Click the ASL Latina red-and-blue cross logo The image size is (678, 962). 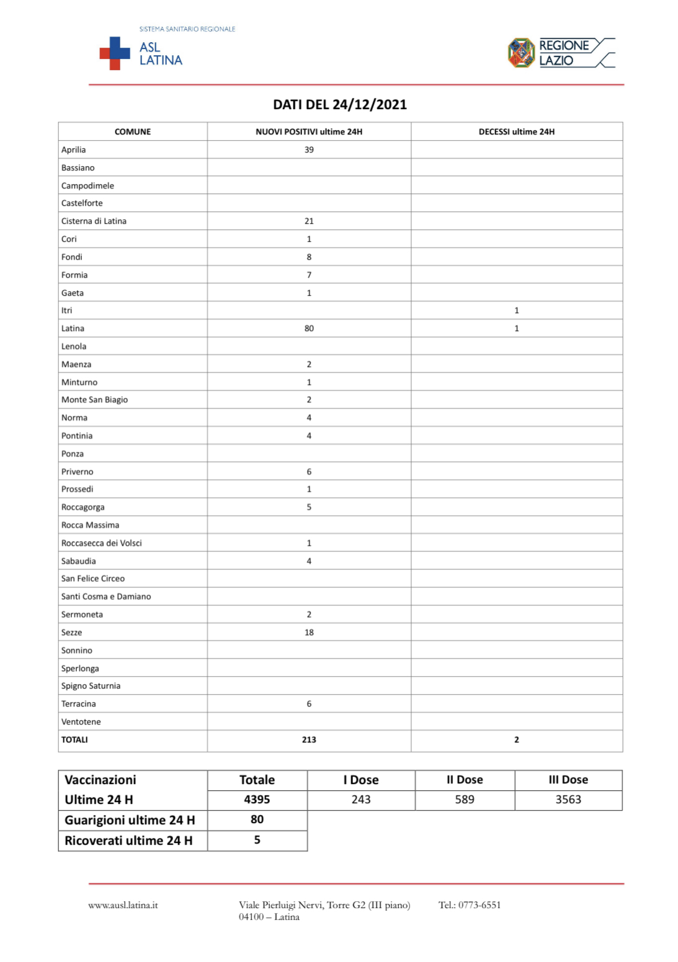(x=115, y=53)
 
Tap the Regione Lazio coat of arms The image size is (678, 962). (x=521, y=53)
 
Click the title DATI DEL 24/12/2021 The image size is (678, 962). (x=340, y=104)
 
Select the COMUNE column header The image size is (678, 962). (x=133, y=131)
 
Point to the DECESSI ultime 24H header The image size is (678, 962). (x=516, y=131)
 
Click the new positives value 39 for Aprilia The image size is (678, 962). (x=309, y=149)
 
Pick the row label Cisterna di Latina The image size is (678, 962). (x=94, y=221)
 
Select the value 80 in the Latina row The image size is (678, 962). (x=309, y=329)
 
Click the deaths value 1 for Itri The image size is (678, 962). (x=516, y=311)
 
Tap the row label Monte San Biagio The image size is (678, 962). (x=94, y=400)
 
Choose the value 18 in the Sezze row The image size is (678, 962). (x=309, y=632)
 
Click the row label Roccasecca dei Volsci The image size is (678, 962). (x=102, y=543)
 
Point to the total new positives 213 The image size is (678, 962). (x=309, y=739)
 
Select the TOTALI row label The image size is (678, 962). (x=74, y=739)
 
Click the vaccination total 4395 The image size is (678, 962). (x=257, y=800)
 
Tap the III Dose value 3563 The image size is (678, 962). (x=568, y=800)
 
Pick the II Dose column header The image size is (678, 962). (x=465, y=780)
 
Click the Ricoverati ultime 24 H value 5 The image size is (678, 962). (x=257, y=840)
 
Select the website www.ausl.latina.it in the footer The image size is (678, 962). (x=123, y=905)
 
